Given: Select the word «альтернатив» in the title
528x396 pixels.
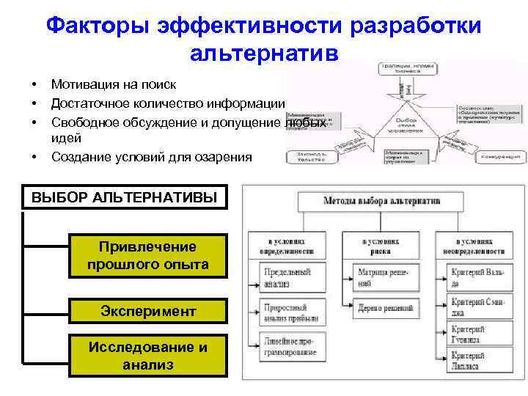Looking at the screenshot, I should pyautogui.click(x=264, y=54).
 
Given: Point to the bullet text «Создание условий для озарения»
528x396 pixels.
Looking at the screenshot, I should pyautogui.click(x=151, y=156).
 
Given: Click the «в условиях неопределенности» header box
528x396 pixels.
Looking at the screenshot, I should pyautogui.click(x=480, y=246).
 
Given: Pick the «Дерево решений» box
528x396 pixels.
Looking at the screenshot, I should pyautogui.click(x=383, y=309).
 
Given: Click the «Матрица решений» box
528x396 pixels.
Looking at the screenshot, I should pyautogui.click(x=383, y=276).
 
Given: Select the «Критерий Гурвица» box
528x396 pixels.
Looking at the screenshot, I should pyautogui.click(x=480, y=334).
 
